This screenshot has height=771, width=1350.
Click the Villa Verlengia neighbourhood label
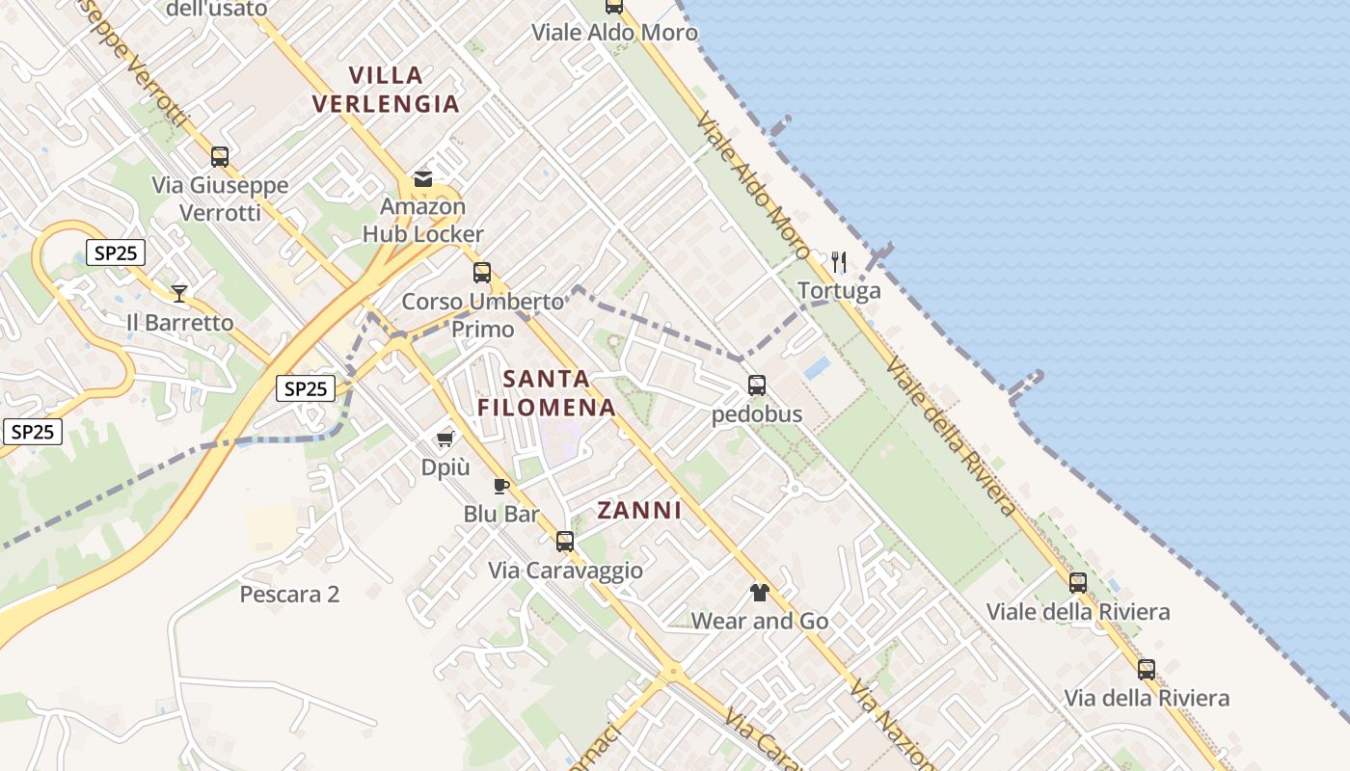(386, 89)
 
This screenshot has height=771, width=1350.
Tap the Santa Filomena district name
(547, 392)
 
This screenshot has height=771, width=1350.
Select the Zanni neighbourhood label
(639, 511)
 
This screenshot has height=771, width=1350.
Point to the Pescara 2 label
(289, 594)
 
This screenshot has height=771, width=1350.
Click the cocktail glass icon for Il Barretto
(179, 293)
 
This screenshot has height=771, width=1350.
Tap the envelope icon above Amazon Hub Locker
(422, 178)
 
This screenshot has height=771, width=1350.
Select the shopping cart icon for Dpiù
(445, 439)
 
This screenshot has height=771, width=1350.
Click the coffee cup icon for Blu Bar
(500, 486)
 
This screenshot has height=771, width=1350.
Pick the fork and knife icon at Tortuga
(839, 261)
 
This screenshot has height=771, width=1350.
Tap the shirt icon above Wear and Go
(760, 592)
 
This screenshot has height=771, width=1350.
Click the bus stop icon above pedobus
(757, 385)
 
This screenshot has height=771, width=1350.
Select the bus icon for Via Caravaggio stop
(565, 542)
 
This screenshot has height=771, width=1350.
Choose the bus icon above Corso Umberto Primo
(482, 273)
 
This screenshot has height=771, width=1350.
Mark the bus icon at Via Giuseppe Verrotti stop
(220, 156)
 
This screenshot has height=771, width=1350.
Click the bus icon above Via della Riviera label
(1147, 669)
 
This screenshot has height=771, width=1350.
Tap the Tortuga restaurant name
(839, 291)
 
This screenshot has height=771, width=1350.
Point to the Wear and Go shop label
(760, 622)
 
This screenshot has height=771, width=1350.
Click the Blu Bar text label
(501, 515)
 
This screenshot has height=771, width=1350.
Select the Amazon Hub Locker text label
(423, 220)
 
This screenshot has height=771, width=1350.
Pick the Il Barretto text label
(180, 323)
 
